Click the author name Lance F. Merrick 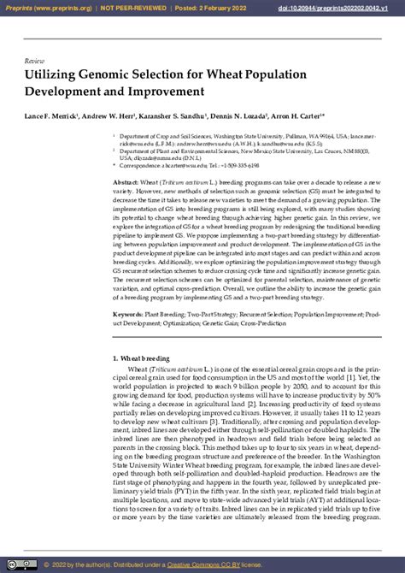click(52, 114)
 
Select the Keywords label click(129, 315)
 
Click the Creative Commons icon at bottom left click(29, 564)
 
